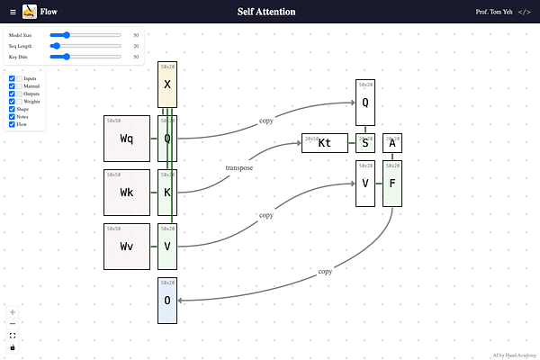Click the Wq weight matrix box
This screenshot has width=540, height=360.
tap(127, 139)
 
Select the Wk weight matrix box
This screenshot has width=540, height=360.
tap(127, 193)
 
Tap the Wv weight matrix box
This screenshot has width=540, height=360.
tap(127, 247)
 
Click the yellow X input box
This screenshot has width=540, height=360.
tap(167, 85)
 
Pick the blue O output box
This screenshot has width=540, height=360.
tap(167, 301)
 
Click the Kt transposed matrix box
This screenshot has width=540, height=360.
tap(325, 143)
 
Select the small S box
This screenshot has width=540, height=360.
tap(365, 143)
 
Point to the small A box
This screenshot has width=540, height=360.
tap(392, 143)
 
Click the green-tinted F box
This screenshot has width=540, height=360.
tap(392, 184)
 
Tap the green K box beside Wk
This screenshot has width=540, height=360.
tap(167, 193)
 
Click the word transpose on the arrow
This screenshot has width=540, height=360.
tap(238, 167)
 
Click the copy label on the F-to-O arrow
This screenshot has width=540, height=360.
tap(325, 271)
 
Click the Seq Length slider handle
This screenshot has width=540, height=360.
tap(56, 45)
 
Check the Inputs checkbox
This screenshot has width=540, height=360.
tap(12, 78)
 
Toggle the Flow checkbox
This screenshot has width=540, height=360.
tap(12, 124)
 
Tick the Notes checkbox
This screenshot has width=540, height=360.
tap(12, 117)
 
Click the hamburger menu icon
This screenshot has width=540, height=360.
tap(12, 12)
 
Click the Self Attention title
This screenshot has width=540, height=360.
tap(265, 12)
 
